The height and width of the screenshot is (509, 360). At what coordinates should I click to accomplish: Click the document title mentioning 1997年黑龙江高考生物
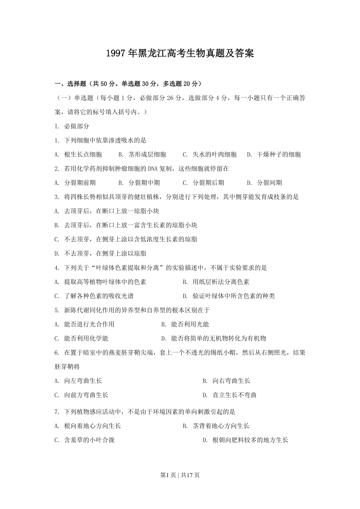click(180, 53)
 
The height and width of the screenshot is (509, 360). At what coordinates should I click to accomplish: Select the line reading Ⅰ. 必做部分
click(72, 126)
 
